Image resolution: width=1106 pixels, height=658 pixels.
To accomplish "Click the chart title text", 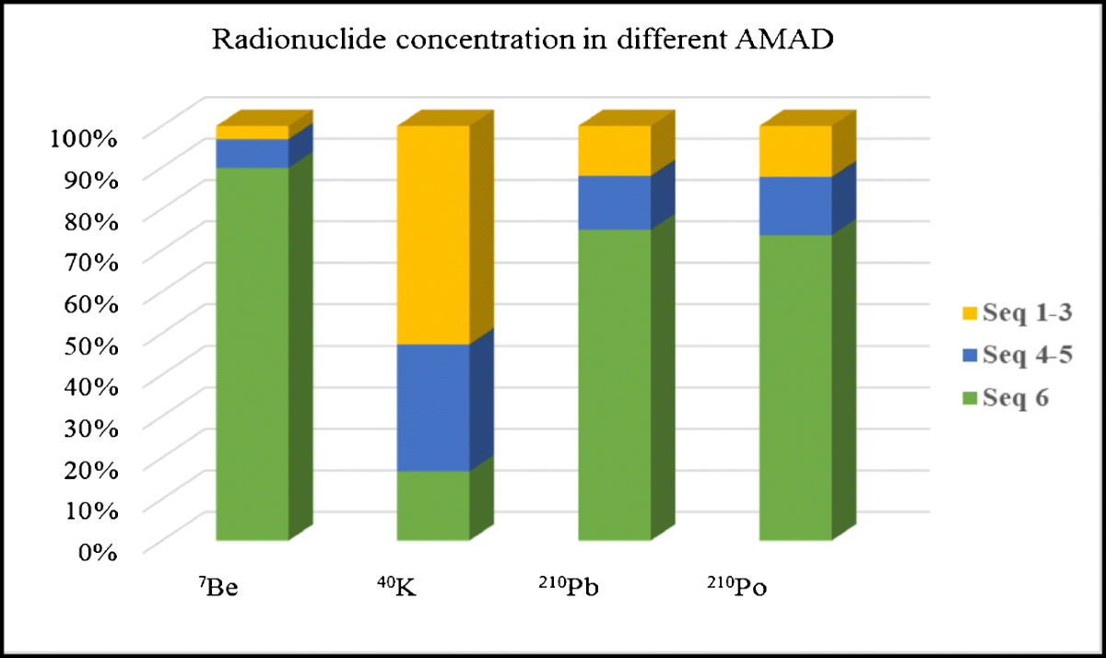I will [522, 40].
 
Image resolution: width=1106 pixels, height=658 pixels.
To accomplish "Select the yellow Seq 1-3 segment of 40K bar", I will [433, 235].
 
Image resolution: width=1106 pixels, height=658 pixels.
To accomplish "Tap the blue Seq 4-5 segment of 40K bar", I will [433, 407].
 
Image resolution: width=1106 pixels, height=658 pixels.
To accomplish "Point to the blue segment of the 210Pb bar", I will [614, 202].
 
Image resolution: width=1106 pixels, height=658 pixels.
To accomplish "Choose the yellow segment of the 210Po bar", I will [795, 151].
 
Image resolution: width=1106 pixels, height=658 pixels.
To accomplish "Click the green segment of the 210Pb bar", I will [614, 384].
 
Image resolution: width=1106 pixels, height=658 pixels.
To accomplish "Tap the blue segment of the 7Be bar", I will [252, 153].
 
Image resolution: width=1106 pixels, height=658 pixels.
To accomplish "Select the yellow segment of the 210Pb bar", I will [614, 150].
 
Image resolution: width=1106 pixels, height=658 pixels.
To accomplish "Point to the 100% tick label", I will [80, 138].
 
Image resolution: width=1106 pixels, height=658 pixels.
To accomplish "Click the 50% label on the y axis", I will [87, 345].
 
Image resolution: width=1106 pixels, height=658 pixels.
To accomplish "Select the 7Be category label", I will [218, 587].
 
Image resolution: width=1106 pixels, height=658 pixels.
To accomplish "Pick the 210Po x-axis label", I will [736, 587].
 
